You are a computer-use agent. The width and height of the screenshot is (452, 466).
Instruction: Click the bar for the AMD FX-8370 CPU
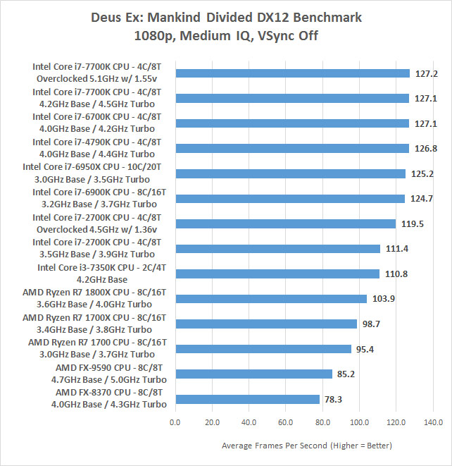[x=247, y=399]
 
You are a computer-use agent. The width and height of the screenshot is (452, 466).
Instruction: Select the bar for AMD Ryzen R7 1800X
[x=271, y=298]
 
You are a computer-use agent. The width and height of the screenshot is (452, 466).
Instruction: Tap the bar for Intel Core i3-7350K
[x=277, y=274]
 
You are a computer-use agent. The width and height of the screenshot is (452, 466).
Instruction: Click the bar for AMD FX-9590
[x=253, y=374]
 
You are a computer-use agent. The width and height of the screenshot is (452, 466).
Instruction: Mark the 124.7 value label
[x=422, y=198]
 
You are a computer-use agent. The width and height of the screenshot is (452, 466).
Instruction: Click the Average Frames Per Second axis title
[x=307, y=446]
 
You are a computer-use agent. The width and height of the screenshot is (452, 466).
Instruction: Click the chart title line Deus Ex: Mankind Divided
[x=226, y=16]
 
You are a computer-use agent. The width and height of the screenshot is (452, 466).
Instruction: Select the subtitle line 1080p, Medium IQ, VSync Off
[x=226, y=35]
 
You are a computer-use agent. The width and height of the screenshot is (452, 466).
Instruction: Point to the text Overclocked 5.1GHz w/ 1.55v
[x=96, y=79]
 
